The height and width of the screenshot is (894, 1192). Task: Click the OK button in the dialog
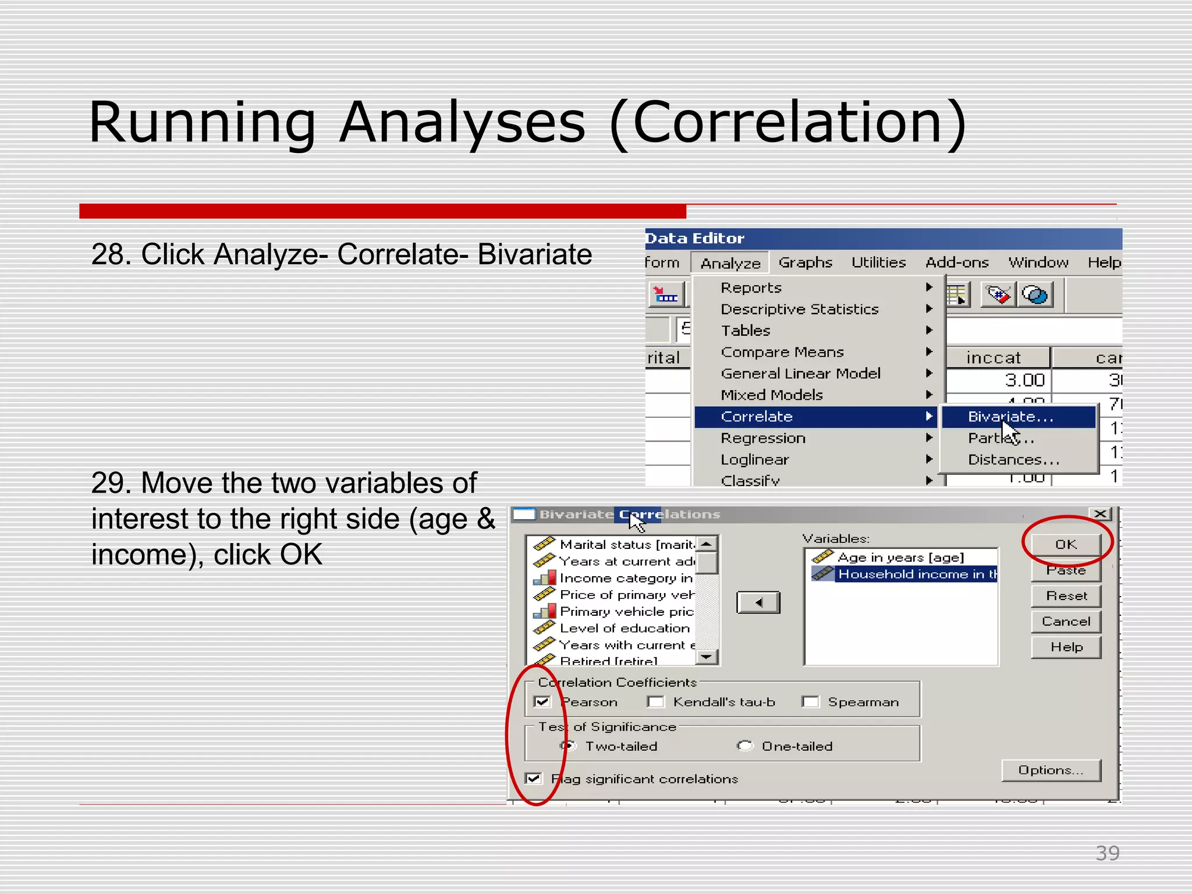(x=1066, y=545)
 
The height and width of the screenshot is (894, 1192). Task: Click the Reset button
(x=1066, y=596)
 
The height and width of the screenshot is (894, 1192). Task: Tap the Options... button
(x=1051, y=770)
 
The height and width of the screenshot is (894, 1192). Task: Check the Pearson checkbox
(x=542, y=702)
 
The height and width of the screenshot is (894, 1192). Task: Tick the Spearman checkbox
(x=810, y=702)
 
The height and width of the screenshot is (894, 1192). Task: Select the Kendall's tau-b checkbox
(x=656, y=702)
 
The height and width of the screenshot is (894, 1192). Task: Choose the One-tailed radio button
(x=744, y=746)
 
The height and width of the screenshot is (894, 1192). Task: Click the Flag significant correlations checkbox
(x=533, y=779)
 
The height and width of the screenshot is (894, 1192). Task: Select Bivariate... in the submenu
(x=1010, y=417)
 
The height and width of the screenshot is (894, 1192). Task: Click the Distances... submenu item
(x=1013, y=460)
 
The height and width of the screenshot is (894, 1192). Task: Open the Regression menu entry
(x=763, y=438)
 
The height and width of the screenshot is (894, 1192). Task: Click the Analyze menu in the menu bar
(x=730, y=263)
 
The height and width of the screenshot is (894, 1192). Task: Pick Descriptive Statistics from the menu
(x=799, y=309)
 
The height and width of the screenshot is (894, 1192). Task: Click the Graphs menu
(x=806, y=262)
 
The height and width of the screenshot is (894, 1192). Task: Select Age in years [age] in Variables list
(x=900, y=558)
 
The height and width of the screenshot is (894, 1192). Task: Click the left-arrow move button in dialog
(x=758, y=603)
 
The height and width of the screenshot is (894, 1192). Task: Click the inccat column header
(x=994, y=357)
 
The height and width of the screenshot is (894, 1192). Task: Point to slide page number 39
(x=1107, y=853)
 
